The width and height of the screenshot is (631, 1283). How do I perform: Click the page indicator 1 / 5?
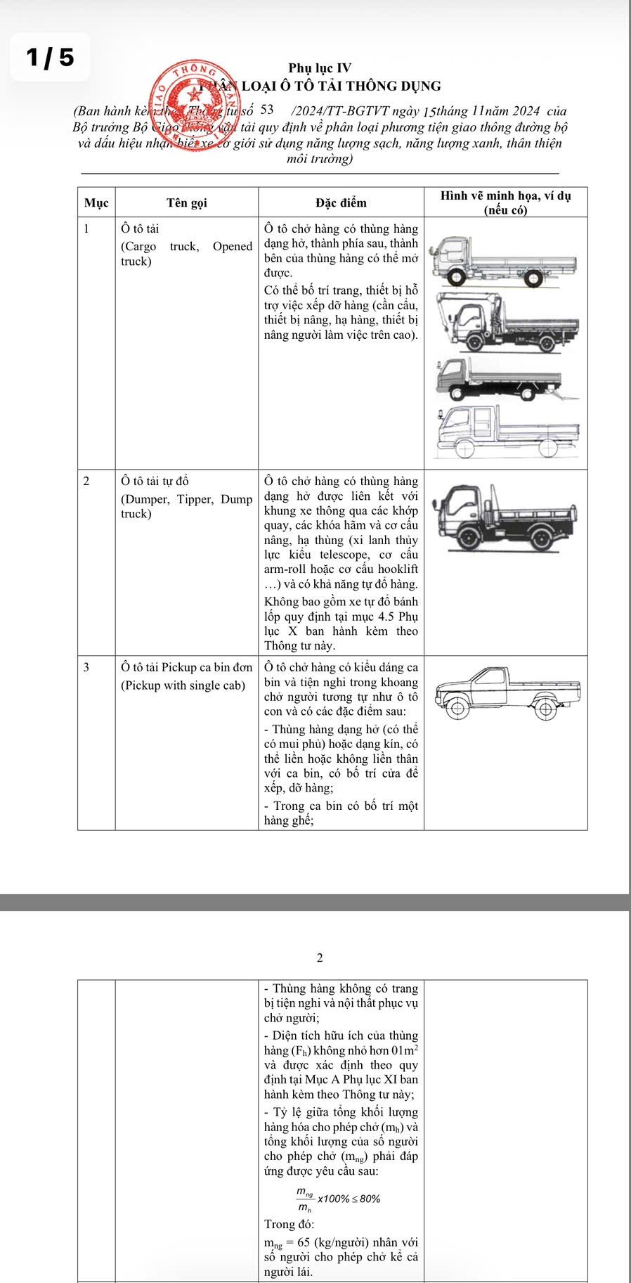point(49,57)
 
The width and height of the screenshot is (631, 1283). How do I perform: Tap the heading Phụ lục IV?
point(320,68)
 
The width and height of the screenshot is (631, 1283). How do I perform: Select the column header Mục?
point(96,203)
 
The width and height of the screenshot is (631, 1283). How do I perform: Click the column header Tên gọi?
point(187,203)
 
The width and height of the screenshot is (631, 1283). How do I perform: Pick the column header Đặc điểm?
point(341,203)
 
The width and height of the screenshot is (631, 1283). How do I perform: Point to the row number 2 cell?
point(86,482)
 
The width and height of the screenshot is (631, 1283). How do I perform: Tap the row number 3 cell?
point(86,667)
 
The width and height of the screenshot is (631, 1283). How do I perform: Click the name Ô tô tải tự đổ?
point(155,482)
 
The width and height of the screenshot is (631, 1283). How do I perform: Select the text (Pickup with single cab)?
point(183,685)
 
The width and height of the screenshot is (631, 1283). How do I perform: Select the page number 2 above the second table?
point(320,958)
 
